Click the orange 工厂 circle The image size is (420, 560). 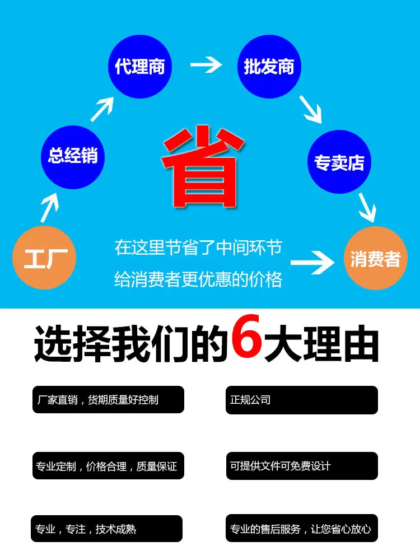pos(44,258)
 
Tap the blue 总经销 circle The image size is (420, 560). pos(73,155)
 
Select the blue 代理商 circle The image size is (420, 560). pos(140,67)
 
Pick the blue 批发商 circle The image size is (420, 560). pos(269,67)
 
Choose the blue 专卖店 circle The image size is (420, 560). pos(339,162)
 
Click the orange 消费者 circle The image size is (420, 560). pos(376,259)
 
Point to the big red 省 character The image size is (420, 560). pos(203,166)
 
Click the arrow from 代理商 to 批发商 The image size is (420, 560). pos(206,66)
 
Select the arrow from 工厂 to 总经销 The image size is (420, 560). pos(49,208)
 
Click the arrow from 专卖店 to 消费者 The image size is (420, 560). pos(367,207)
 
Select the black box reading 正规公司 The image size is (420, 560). pos(301,400)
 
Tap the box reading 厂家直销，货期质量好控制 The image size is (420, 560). pos(108,400)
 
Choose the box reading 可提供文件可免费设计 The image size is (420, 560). pos(302,465)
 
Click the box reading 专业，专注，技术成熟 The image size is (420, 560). pos(106,529)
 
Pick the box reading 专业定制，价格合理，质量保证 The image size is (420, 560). pos(108,465)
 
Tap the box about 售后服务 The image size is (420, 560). pos(302,529)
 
